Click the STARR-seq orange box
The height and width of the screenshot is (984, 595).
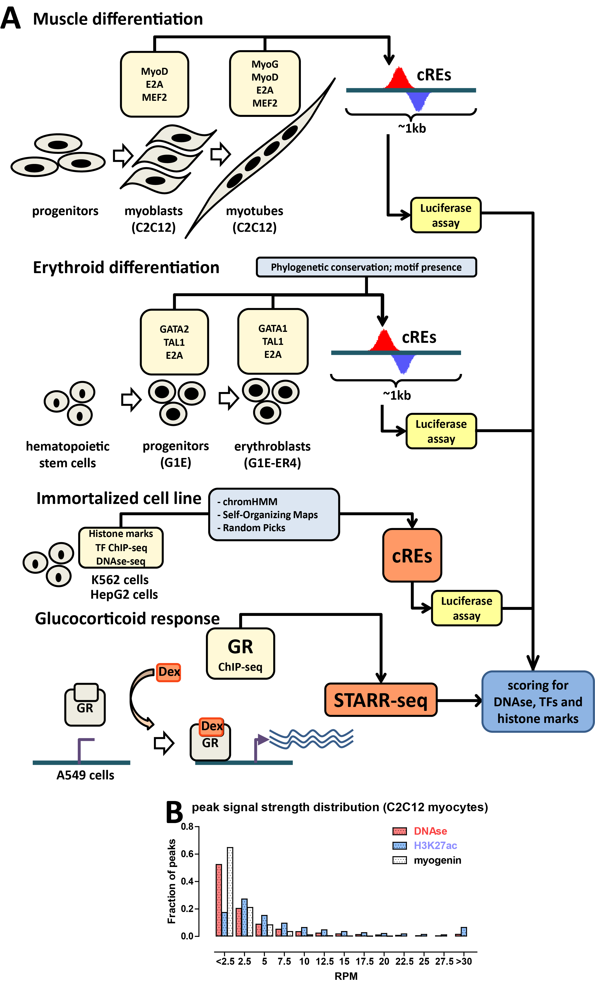click(380, 700)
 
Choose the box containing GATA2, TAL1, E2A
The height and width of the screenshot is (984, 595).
click(174, 342)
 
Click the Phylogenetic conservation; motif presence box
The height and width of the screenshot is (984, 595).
click(366, 267)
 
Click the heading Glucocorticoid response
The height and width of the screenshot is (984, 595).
click(127, 619)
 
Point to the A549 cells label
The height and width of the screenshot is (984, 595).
click(85, 775)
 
